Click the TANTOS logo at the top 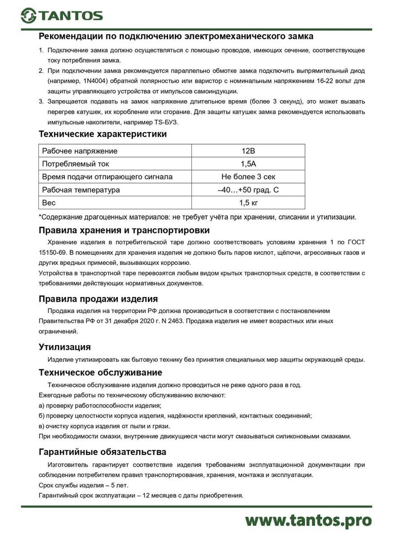coord(62,15)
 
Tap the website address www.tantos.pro coord(308,520)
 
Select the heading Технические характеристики coord(103,134)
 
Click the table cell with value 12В coord(248,151)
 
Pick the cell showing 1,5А coord(248,164)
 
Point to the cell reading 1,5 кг coord(248,203)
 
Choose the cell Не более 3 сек coord(248,177)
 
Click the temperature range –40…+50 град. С coord(248,190)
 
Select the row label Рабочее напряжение coord(80,151)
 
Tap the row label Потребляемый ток coord(76,164)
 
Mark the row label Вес coord(49,203)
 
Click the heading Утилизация coord(65,347)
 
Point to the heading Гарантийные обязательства coord(102,452)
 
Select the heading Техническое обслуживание coord(100,373)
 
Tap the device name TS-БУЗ coord(166,122)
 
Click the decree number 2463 coord(175,321)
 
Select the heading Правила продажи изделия coord(98,299)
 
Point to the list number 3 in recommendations coord(41,101)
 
